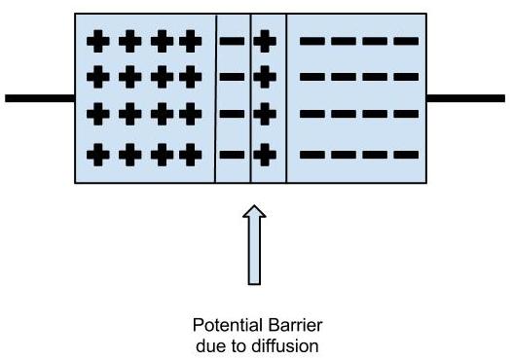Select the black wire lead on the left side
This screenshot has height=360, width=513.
[40, 98]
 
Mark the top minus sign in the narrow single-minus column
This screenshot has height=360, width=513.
[232, 42]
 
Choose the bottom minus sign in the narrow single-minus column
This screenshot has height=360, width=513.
[232, 154]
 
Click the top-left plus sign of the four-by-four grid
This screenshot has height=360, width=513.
[97, 42]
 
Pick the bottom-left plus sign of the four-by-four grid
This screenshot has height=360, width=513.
[97, 154]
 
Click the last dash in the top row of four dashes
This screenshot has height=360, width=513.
[407, 42]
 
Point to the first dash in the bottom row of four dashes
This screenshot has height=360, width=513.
[311, 154]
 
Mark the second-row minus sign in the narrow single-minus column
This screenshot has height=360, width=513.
[232, 77]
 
